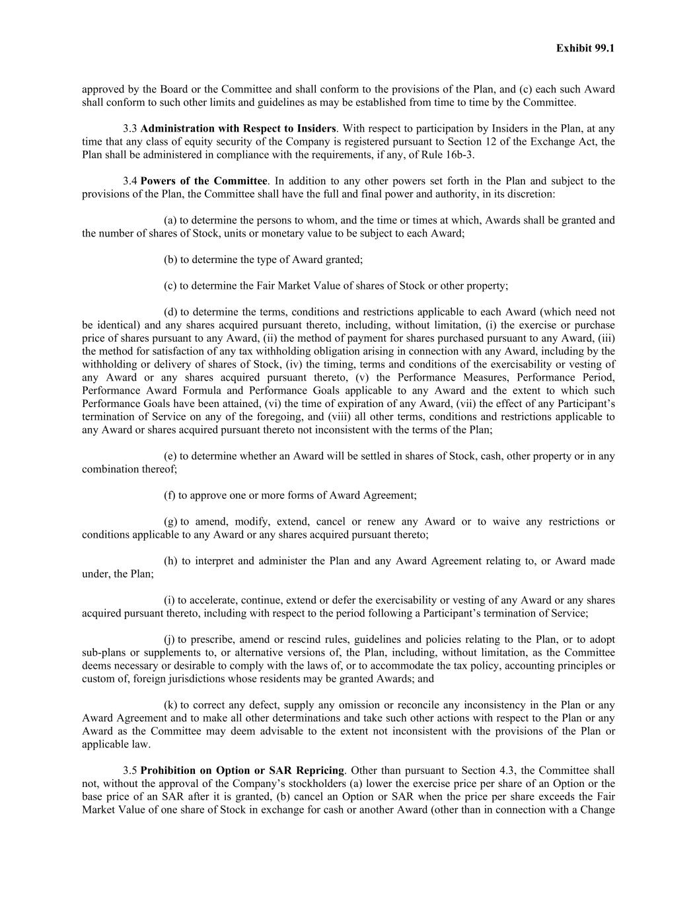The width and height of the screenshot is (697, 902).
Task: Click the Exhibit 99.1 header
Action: [585, 48]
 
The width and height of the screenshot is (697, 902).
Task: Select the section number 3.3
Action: [130, 128]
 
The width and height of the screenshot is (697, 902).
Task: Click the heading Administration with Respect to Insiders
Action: [238, 128]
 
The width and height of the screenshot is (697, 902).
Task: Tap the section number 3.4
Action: [130, 181]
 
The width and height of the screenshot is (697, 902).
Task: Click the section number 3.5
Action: [130, 770]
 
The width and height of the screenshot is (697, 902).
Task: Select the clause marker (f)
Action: [170, 495]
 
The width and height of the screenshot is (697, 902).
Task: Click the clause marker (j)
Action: [170, 640]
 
